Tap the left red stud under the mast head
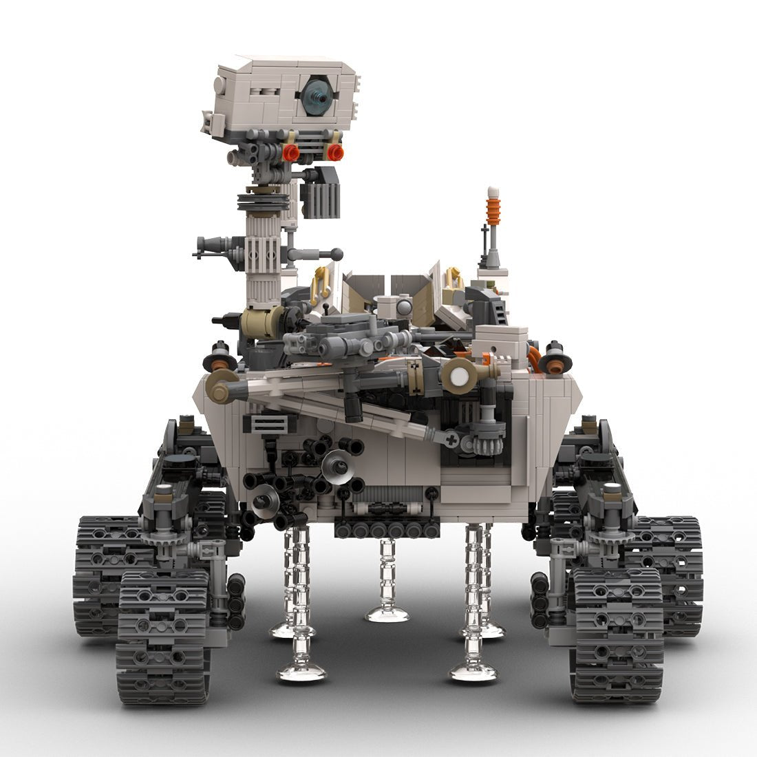click(291, 153)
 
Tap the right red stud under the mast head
click(335, 152)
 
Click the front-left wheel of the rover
click(163, 637)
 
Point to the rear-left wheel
click(103, 575)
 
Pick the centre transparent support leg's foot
click(387, 612)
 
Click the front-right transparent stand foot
click(473, 671)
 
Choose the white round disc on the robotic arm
click(456, 375)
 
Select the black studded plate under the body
click(387, 529)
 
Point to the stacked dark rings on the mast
click(263, 202)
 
